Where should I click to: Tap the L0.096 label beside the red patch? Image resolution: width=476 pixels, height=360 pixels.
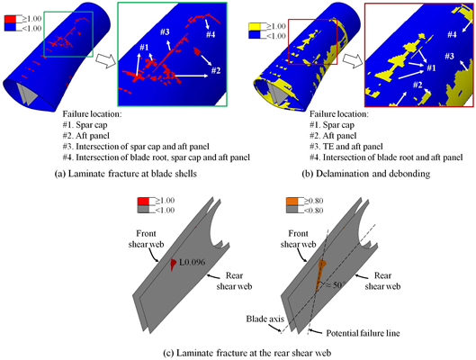click(x=192, y=262)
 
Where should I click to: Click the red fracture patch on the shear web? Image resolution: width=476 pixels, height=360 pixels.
click(x=172, y=263)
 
